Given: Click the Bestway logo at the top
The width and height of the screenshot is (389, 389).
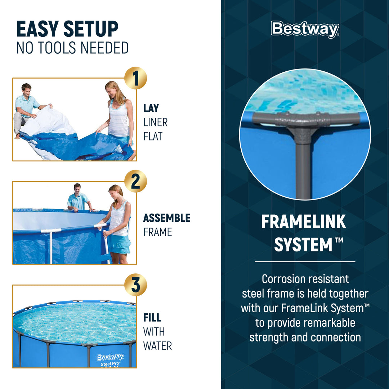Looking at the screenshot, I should (x=305, y=30).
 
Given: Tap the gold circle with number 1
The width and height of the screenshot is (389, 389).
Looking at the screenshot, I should (x=135, y=79).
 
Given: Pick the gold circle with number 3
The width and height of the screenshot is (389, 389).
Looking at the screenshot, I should (x=135, y=285).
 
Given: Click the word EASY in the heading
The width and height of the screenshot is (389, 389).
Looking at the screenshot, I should (x=38, y=30).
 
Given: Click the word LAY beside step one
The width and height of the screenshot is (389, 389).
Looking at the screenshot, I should (x=151, y=108).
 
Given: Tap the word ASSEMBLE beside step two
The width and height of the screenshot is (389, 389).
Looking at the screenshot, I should (x=167, y=218).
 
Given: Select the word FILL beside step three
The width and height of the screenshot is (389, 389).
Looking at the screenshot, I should (x=152, y=318).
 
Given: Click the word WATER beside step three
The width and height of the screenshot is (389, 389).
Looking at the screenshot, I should (x=157, y=346).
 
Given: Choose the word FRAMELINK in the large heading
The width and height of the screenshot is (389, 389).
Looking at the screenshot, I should (x=304, y=222).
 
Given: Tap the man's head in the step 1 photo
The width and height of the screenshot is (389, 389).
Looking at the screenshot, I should (x=26, y=89).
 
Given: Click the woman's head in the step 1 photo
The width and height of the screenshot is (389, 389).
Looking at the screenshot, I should (x=112, y=88).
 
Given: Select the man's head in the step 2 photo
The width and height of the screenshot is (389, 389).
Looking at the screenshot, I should (x=77, y=188).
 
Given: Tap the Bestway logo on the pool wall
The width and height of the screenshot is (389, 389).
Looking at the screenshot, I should (x=110, y=357).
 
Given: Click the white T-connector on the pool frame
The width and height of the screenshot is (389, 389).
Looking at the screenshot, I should (x=51, y=231).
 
